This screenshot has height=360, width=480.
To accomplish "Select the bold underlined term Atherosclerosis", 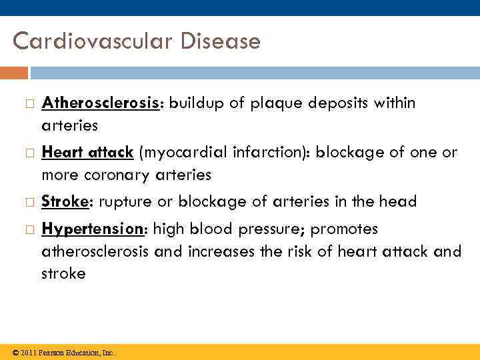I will point(103,103).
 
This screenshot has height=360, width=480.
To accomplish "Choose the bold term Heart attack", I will point(87,152).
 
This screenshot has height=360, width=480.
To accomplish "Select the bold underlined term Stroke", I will point(66,201).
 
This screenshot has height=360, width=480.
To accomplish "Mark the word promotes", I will point(345,229).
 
